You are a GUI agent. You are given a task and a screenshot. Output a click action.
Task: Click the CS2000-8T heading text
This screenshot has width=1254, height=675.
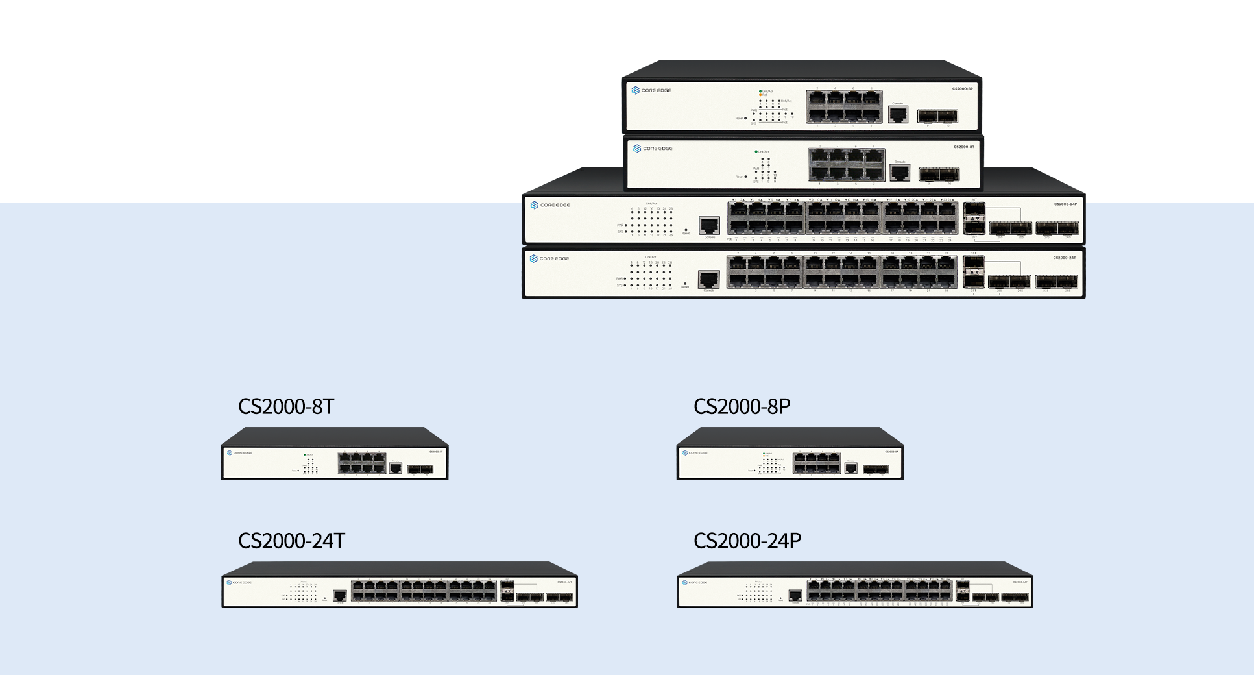point(286,406)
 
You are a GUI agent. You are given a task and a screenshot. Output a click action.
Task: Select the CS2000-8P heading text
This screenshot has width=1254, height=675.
point(742,406)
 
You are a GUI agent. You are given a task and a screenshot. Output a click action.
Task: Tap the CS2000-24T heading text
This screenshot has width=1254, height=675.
point(291,541)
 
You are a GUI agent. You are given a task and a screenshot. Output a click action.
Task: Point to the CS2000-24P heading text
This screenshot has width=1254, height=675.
point(747,541)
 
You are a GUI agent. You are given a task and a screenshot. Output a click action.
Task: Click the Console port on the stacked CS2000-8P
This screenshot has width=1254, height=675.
point(898,114)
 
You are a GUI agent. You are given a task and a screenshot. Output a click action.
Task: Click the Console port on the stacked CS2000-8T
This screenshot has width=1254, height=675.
point(900,173)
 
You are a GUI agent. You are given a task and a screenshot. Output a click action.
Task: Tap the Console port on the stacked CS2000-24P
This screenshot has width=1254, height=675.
point(709,225)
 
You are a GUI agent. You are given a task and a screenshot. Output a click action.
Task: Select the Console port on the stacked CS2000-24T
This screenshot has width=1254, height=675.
point(708,279)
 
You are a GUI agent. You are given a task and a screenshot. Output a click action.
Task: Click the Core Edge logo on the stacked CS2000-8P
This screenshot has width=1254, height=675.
point(651,90)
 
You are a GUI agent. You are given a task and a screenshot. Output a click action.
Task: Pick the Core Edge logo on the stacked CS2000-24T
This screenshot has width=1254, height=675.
point(549,258)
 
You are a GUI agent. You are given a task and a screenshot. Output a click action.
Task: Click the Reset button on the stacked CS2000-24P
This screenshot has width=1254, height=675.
point(686,230)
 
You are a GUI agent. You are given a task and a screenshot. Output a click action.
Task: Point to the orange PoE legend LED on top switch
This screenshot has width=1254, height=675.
point(760,95)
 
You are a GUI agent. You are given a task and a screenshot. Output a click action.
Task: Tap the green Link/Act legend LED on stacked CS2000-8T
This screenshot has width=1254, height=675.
point(756,151)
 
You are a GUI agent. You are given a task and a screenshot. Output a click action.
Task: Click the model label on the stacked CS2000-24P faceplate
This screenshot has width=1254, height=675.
point(1065,204)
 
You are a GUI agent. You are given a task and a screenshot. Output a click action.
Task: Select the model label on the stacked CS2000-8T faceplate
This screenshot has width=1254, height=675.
point(963,147)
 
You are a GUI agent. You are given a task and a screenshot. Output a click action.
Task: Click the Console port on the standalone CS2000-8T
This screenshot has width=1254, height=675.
point(396,468)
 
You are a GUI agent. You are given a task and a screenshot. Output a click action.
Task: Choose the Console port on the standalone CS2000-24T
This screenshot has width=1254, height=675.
point(339,595)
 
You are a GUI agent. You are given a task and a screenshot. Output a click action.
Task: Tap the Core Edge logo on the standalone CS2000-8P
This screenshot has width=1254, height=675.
point(694,453)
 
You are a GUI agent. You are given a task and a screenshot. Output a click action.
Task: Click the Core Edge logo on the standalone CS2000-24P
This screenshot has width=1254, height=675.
point(694,582)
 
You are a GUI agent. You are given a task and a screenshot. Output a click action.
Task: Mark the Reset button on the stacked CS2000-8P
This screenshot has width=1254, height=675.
point(745,118)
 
